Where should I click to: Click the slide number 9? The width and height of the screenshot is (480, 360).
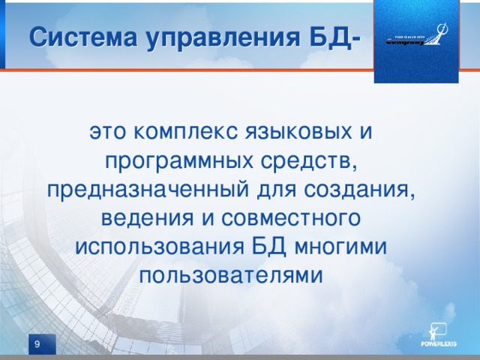(x=36, y=343)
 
